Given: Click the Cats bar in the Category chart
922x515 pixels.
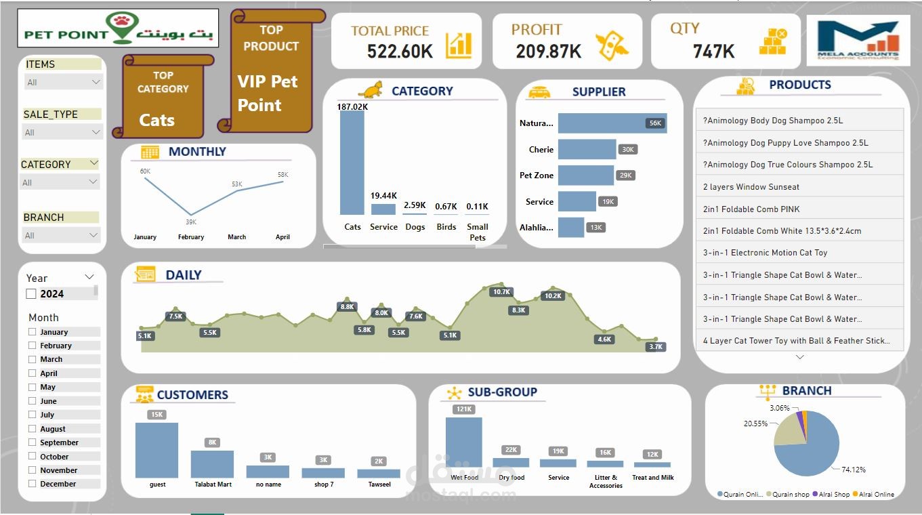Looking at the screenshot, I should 352,163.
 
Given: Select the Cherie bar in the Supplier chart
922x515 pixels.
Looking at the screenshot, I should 587,150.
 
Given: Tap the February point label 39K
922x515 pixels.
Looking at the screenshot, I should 191,222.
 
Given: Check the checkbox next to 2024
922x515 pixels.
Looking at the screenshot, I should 30,293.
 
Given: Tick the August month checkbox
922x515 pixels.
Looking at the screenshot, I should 32,428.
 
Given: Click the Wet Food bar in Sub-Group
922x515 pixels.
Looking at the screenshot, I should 464,442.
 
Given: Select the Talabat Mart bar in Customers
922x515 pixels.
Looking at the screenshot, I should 212,464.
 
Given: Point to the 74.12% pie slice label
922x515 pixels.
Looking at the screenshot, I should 853,469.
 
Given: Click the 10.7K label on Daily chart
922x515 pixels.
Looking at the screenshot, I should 501,292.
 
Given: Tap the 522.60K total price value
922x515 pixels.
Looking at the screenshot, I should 400,52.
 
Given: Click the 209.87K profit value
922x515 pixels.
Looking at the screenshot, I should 548,52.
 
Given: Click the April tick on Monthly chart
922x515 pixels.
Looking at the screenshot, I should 282,237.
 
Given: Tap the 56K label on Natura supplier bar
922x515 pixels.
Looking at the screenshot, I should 654,123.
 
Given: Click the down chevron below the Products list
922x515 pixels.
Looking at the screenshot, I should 799,357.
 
